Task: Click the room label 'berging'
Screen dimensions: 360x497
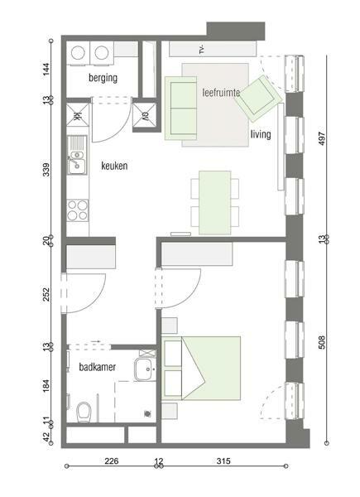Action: tap(103, 78)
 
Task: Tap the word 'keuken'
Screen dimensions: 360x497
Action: tap(114, 166)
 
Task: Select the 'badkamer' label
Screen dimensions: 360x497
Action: tap(97, 367)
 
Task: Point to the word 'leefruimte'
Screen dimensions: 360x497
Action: tap(221, 93)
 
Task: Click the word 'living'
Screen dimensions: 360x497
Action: tap(261, 134)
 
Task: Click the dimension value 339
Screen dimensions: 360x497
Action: tap(46, 170)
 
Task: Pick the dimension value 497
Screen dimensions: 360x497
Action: tap(322, 138)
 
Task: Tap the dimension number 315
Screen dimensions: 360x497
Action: tap(223, 461)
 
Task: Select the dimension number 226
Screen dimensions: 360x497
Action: tap(112, 461)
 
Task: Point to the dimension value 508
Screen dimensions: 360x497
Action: tap(322, 342)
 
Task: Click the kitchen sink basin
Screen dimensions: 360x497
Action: tap(77, 166)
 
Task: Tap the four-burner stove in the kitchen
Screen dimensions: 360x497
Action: tap(78, 210)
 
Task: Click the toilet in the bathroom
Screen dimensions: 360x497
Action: tap(84, 412)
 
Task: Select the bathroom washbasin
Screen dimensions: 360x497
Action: tap(145, 369)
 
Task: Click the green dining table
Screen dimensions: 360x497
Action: tap(215, 203)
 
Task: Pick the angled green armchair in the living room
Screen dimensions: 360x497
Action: tap(258, 99)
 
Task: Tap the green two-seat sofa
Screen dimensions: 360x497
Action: tap(180, 108)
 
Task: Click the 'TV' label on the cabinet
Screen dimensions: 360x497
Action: tap(202, 50)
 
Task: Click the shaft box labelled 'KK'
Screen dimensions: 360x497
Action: tap(77, 115)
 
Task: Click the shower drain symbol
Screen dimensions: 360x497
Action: tap(147, 413)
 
